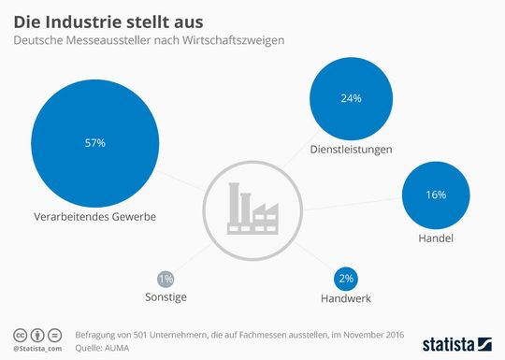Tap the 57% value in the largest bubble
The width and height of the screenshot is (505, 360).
[94, 143]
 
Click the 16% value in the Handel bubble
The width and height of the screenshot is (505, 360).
[436, 194]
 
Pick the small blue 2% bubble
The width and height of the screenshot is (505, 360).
[347, 280]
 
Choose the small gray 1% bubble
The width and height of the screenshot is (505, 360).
[166, 279]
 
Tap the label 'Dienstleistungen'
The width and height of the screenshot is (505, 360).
[352, 150]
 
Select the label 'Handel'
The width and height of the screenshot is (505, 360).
[436, 239]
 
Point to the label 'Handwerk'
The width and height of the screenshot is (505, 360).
[347, 299]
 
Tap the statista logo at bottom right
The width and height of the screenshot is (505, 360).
[455, 341]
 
